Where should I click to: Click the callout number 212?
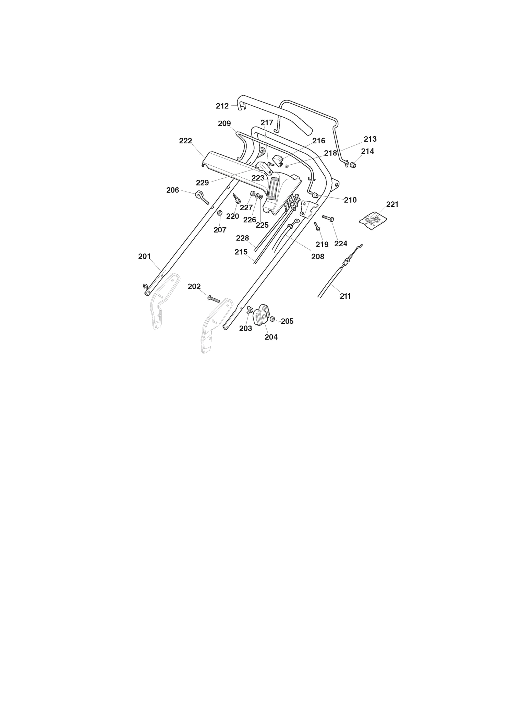[222, 106]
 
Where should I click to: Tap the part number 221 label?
[392, 204]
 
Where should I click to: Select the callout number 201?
[144, 256]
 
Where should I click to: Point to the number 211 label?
[345, 296]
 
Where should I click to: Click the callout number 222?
[185, 141]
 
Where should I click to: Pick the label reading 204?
[271, 337]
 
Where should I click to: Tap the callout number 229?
[202, 182]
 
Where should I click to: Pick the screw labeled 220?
[236, 198]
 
